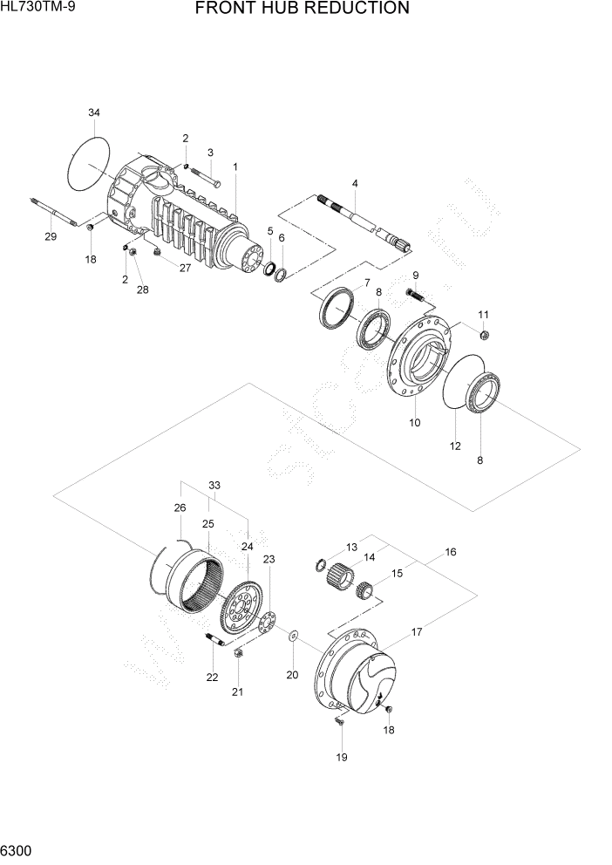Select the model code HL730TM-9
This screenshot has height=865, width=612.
38,8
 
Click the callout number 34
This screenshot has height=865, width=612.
94,112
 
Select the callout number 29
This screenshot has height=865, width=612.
51,237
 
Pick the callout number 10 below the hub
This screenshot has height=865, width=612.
415,423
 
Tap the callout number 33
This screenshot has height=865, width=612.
214,486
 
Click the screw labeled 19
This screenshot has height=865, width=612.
341,719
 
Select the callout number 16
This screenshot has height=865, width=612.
450,552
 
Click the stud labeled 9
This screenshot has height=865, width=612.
416,296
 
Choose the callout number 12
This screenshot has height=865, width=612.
455,446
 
